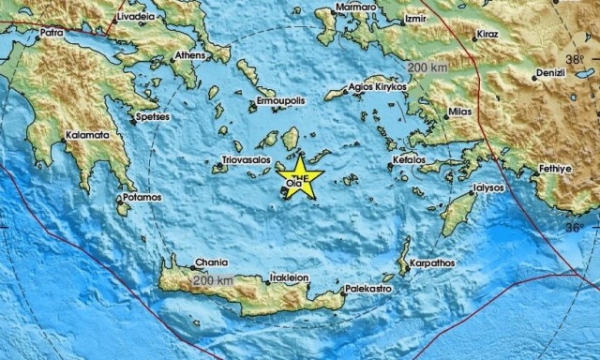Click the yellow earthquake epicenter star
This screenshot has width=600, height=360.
300,178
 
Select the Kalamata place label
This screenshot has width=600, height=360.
87,135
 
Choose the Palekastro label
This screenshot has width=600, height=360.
367,290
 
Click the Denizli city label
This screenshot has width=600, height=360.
547,71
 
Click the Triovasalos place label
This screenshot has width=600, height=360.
247,160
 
